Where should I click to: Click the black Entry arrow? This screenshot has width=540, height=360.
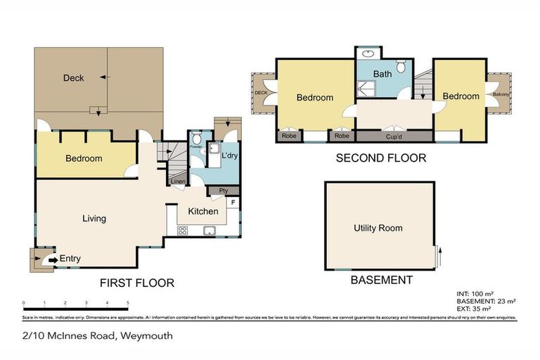[x=53, y=259]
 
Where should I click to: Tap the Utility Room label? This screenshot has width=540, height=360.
[x=378, y=228]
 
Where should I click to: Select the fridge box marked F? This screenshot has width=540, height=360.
[x=233, y=202]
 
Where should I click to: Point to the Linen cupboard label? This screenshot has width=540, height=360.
[x=179, y=182]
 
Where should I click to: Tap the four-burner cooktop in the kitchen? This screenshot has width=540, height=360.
[x=183, y=230]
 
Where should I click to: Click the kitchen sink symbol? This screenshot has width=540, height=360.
[x=209, y=230]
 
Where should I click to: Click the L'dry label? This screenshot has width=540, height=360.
[x=229, y=155]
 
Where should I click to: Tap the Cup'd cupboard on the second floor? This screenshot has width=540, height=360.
[x=394, y=136]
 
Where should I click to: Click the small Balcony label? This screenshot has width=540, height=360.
[x=501, y=94]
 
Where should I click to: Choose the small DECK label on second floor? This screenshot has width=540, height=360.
[x=261, y=92]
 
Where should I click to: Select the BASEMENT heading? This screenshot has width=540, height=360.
[x=381, y=280]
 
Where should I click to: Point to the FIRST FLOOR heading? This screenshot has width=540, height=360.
[x=136, y=283]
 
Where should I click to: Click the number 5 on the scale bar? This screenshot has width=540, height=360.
[x=128, y=303]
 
